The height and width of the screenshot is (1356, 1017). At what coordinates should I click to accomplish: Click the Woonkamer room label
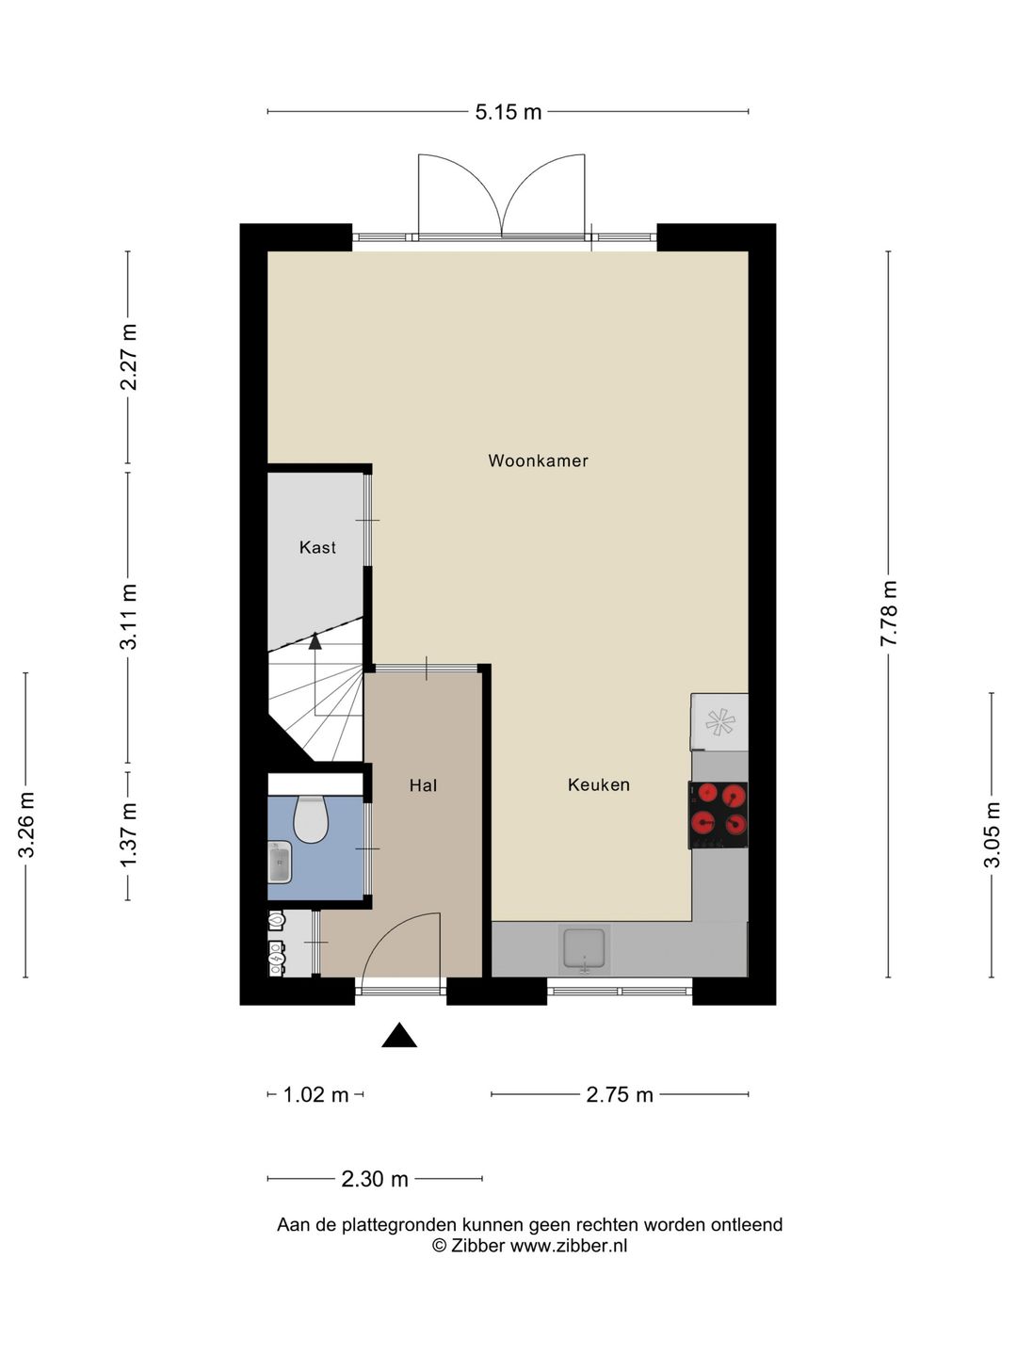(538, 460)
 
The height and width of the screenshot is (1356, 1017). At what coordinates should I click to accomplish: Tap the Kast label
(317, 547)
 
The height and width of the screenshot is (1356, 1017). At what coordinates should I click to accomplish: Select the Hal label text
(423, 785)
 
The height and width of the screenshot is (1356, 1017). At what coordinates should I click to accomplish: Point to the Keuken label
(598, 784)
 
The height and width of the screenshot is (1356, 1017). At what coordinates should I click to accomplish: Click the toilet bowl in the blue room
(310, 819)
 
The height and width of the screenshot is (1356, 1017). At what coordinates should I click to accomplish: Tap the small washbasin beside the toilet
(280, 862)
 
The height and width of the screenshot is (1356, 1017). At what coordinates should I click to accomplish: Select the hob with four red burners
(718, 815)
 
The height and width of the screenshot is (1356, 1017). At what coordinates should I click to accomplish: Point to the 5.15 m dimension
(508, 112)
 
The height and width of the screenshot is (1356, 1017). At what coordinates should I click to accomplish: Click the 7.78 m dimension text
(889, 613)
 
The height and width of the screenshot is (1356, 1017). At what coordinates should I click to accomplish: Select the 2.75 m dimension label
(620, 1094)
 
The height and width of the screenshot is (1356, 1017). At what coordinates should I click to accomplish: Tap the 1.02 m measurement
(315, 1094)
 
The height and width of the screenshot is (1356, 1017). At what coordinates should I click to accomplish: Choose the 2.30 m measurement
(375, 1179)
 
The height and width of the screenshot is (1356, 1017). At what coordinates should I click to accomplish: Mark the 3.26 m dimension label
(26, 825)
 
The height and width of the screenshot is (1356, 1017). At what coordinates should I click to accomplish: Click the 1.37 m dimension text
(128, 834)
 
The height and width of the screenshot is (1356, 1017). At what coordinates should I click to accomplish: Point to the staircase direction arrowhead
(315, 640)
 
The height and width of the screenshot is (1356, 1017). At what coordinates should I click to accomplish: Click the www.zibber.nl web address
(568, 1246)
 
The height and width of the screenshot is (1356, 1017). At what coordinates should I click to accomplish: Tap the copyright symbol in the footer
(439, 1246)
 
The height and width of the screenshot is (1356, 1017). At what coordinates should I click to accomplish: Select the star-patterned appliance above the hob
(719, 722)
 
